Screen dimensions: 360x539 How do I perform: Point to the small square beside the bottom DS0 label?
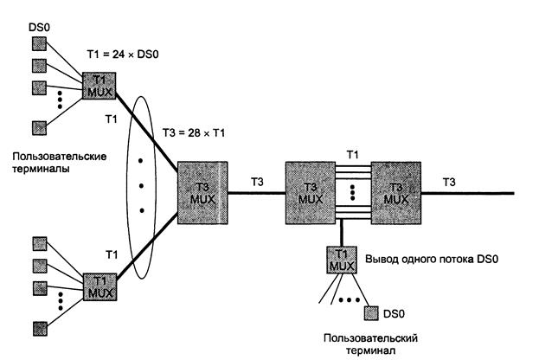pyautogui.click(x=372, y=310)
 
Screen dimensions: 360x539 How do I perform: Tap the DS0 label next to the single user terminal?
pyautogui.click(x=396, y=311)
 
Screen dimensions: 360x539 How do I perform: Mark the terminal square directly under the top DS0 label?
pyautogui.click(x=39, y=44)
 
